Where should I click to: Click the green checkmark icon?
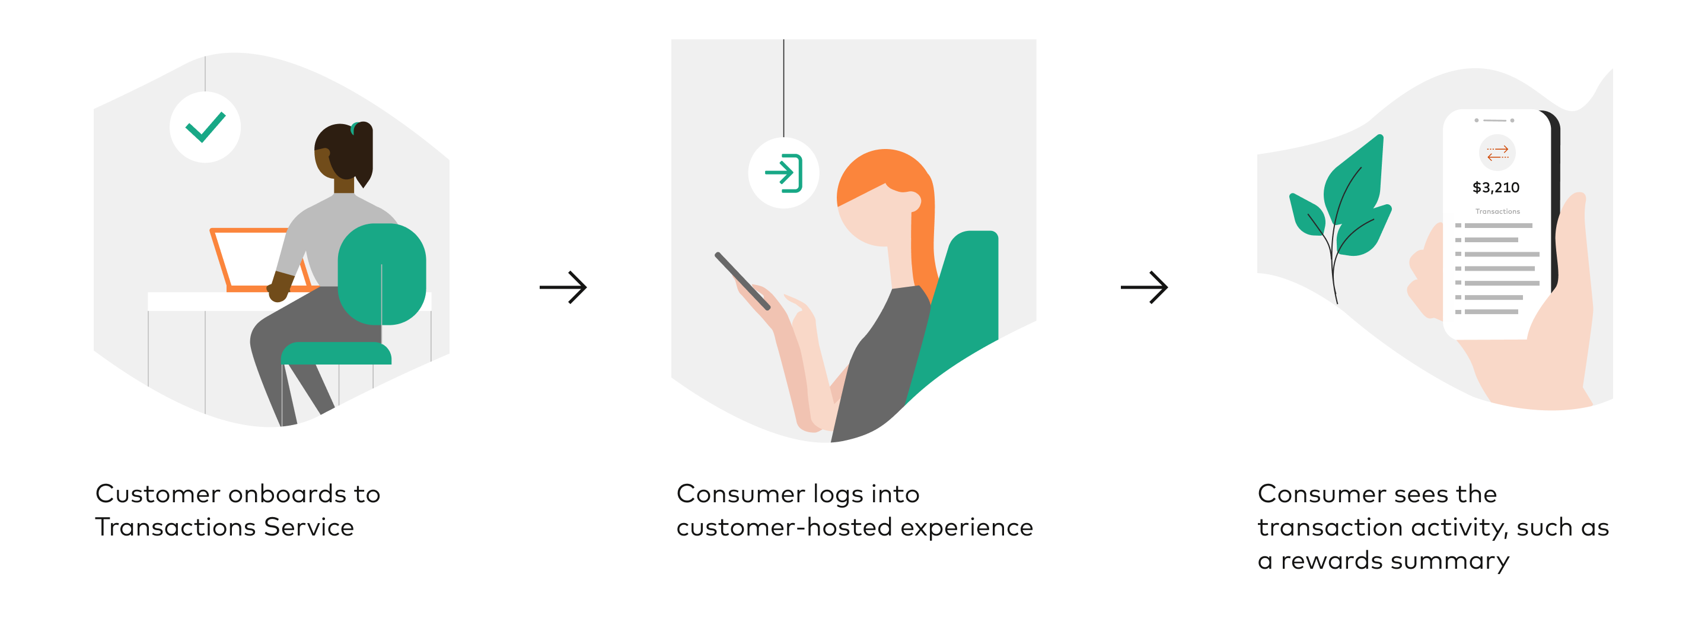205,126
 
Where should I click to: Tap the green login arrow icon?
783,173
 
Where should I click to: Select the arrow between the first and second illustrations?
563,287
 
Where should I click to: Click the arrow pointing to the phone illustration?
1144,287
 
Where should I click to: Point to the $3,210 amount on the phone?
1495,188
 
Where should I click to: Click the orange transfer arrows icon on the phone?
1497,153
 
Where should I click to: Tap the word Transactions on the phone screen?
1497,211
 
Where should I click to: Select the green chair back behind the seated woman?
381,273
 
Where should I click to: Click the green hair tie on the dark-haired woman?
355,128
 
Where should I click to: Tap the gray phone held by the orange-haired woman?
743,281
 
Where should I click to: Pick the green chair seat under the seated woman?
336,354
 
